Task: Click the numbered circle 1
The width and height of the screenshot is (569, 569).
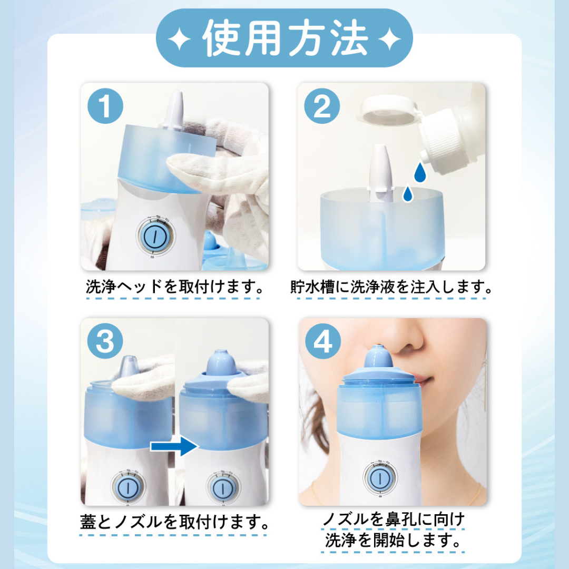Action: point(105,106)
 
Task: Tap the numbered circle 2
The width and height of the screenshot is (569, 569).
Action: point(322,106)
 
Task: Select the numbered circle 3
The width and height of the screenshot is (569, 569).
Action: point(105,341)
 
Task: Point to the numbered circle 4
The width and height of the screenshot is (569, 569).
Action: point(322,341)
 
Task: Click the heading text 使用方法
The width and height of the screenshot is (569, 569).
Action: point(285,38)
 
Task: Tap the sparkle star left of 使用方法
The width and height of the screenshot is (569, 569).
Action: point(180,39)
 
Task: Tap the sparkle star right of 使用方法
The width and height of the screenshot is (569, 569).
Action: point(389,39)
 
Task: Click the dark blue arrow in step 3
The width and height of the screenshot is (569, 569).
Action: point(174,446)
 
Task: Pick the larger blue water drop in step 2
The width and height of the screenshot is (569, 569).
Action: point(420,172)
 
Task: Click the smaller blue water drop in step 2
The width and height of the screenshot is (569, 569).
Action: point(408,194)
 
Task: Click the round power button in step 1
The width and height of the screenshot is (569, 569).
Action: point(155,236)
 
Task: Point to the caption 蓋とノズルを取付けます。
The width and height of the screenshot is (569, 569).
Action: point(174,522)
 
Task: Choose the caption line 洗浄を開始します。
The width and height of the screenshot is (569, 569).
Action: point(393,541)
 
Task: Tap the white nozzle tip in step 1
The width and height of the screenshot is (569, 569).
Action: point(175,110)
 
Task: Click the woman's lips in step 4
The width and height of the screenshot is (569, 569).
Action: point(423,379)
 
